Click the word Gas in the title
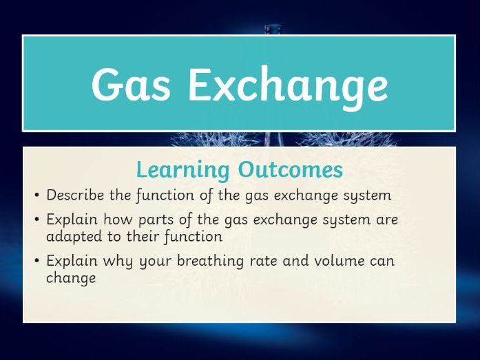coord(131,83)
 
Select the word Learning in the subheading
coord(182,170)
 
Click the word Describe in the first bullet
coord(75,195)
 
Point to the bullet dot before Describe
coord(37,195)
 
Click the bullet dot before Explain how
coord(37,219)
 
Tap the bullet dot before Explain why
coord(37,261)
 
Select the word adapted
coord(74,237)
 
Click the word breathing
coord(210,262)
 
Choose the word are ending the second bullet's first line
coord(387,220)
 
